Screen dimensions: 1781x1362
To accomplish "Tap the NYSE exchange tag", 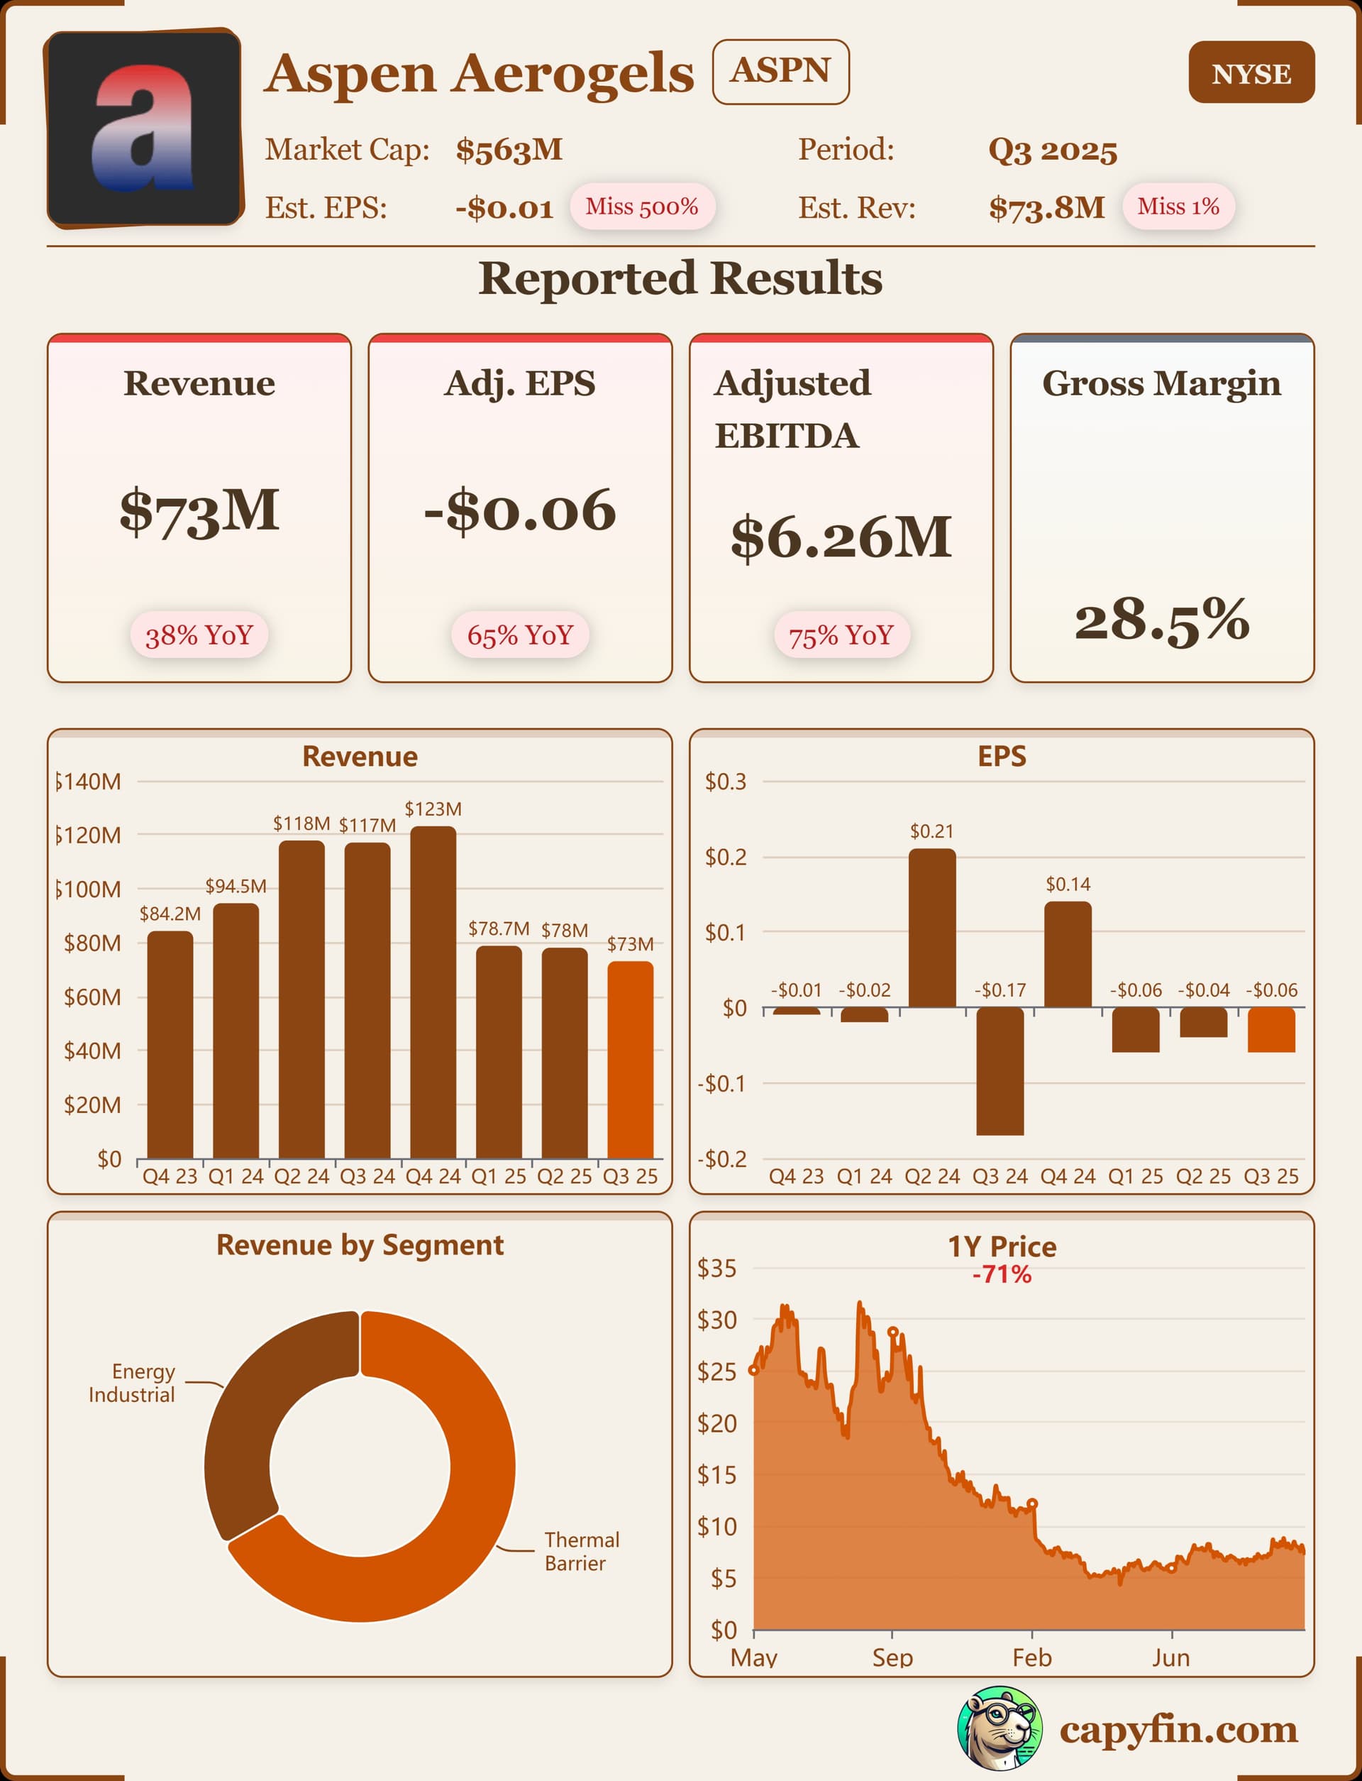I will coord(1250,73).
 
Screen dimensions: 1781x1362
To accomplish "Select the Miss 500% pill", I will coord(641,207).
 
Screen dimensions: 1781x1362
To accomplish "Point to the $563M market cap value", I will coord(509,150).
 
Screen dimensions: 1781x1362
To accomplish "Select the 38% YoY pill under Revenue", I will coord(199,634).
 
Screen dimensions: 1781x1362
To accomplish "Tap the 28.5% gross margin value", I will coord(1161,620).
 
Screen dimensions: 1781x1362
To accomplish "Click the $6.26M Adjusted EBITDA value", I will coord(841,537).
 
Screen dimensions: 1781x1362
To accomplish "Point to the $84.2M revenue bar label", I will coord(170,914).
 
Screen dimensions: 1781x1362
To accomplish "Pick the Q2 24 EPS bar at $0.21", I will coord(931,928).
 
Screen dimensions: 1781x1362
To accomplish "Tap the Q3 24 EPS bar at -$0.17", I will coord(1000,1070).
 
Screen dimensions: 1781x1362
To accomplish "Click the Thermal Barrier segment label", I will coord(580,1551).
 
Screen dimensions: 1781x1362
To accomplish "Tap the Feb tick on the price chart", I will coord(1031,1657).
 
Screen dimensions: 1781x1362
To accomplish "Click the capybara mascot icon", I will coord(1000,1728).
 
